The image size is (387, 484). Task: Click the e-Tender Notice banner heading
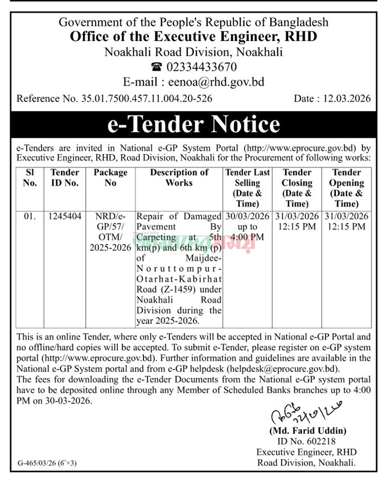click(x=193, y=124)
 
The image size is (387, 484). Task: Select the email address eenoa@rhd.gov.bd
click(x=219, y=81)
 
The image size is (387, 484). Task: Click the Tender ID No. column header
click(x=64, y=178)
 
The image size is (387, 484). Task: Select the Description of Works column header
click(x=179, y=178)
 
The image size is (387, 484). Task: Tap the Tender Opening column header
click(x=347, y=188)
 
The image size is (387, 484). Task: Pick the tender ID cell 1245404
click(x=64, y=216)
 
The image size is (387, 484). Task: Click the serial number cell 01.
click(x=30, y=216)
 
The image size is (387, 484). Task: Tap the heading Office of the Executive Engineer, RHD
click(x=193, y=37)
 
